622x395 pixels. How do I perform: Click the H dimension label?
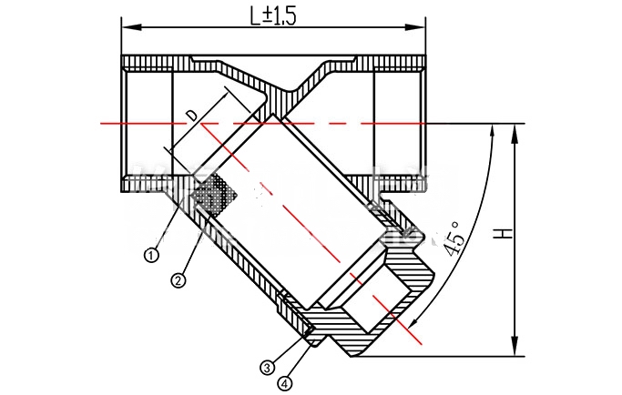coord(503,233)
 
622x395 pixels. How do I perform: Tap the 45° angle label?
coord(453,239)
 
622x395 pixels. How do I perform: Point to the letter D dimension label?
coord(192,116)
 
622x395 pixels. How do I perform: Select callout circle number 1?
coord(151,255)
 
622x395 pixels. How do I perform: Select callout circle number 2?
coord(178,280)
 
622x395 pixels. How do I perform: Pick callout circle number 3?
coord(268,368)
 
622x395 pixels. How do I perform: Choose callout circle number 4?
coord(286,383)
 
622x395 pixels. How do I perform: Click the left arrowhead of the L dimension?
coord(131,27)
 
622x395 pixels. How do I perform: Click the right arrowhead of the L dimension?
coord(415,27)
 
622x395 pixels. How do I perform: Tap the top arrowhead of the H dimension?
coord(515,134)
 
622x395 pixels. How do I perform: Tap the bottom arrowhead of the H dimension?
coord(515,347)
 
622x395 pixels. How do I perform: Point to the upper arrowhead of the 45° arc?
coord(493,131)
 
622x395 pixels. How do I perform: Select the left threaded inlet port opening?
coord(148,124)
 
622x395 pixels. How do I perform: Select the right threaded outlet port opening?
coord(399,124)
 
